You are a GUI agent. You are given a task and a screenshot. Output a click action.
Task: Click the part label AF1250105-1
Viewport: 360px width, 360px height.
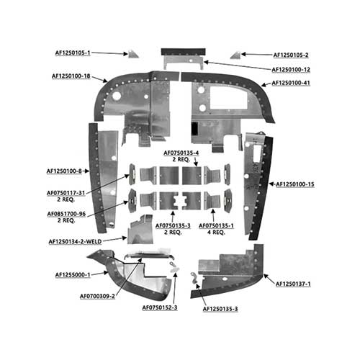pos(73,53)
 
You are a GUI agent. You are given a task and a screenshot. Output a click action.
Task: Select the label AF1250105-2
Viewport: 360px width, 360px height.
pos(291,55)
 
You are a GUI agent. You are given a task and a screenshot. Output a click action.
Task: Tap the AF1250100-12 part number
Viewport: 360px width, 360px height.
pos(291,70)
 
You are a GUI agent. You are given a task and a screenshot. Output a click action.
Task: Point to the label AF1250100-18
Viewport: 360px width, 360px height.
pos(71,76)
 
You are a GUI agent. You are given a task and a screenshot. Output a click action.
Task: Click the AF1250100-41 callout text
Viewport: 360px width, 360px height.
pos(291,83)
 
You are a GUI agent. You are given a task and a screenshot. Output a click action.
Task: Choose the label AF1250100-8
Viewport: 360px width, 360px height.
pos(64,171)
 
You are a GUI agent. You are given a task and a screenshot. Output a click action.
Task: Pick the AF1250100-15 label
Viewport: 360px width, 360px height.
pos(295,184)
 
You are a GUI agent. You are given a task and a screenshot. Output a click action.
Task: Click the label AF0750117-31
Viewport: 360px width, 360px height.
pos(66,193)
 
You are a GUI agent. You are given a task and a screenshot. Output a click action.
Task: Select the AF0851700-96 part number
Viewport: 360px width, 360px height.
pos(66,214)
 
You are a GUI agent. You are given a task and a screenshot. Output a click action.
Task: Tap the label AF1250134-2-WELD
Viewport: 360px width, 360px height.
pos(75,242)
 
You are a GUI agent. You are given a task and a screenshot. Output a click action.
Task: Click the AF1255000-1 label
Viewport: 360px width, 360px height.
pos(73,275)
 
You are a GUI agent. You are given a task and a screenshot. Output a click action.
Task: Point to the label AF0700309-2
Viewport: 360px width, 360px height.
pos(97,297)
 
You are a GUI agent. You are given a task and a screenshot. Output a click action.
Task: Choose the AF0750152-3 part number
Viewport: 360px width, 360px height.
pos(160,307)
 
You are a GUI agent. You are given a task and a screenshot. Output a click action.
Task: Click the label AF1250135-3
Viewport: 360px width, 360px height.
pos(220,309)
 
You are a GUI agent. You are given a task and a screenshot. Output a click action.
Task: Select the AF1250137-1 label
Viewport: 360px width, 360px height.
pos(293,284)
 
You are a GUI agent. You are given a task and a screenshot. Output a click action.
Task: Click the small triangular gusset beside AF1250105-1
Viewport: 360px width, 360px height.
pos(132,55)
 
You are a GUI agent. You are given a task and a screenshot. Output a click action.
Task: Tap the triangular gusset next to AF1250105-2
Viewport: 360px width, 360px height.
pos(236,55)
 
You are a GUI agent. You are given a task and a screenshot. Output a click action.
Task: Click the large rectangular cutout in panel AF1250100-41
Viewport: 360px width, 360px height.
pos(228,97)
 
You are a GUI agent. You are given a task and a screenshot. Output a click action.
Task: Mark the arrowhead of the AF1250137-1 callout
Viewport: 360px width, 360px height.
pos(266,276)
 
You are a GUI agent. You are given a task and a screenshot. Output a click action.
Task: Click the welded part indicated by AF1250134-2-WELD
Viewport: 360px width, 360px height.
pos(140,230)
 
